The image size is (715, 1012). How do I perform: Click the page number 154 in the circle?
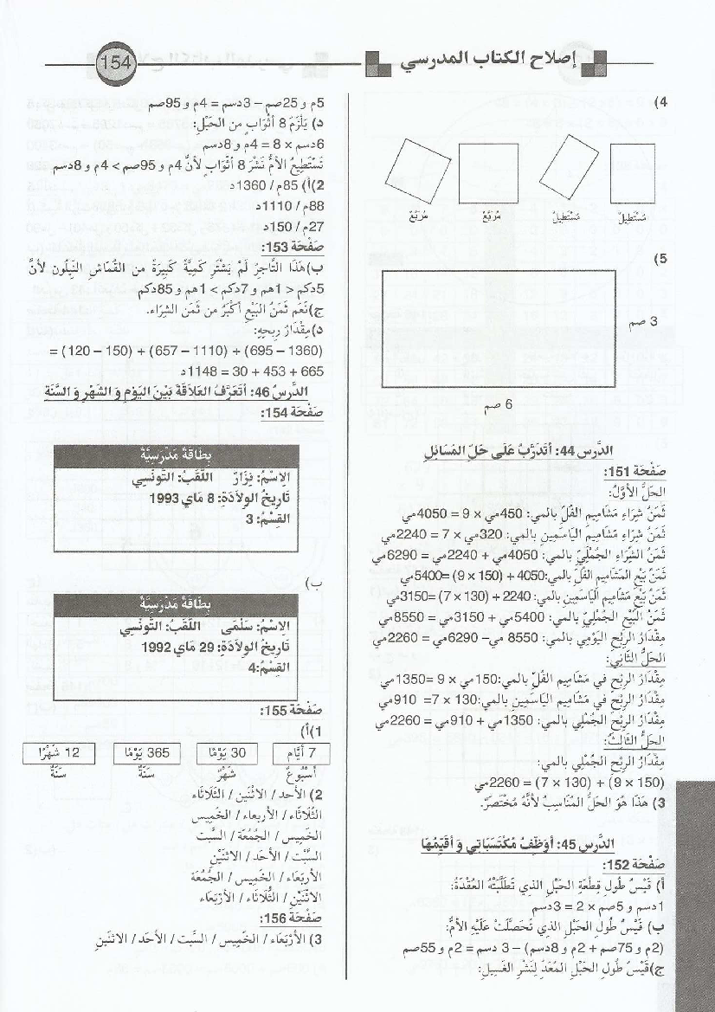point(113,64)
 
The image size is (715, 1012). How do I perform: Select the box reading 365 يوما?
point(145,752)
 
